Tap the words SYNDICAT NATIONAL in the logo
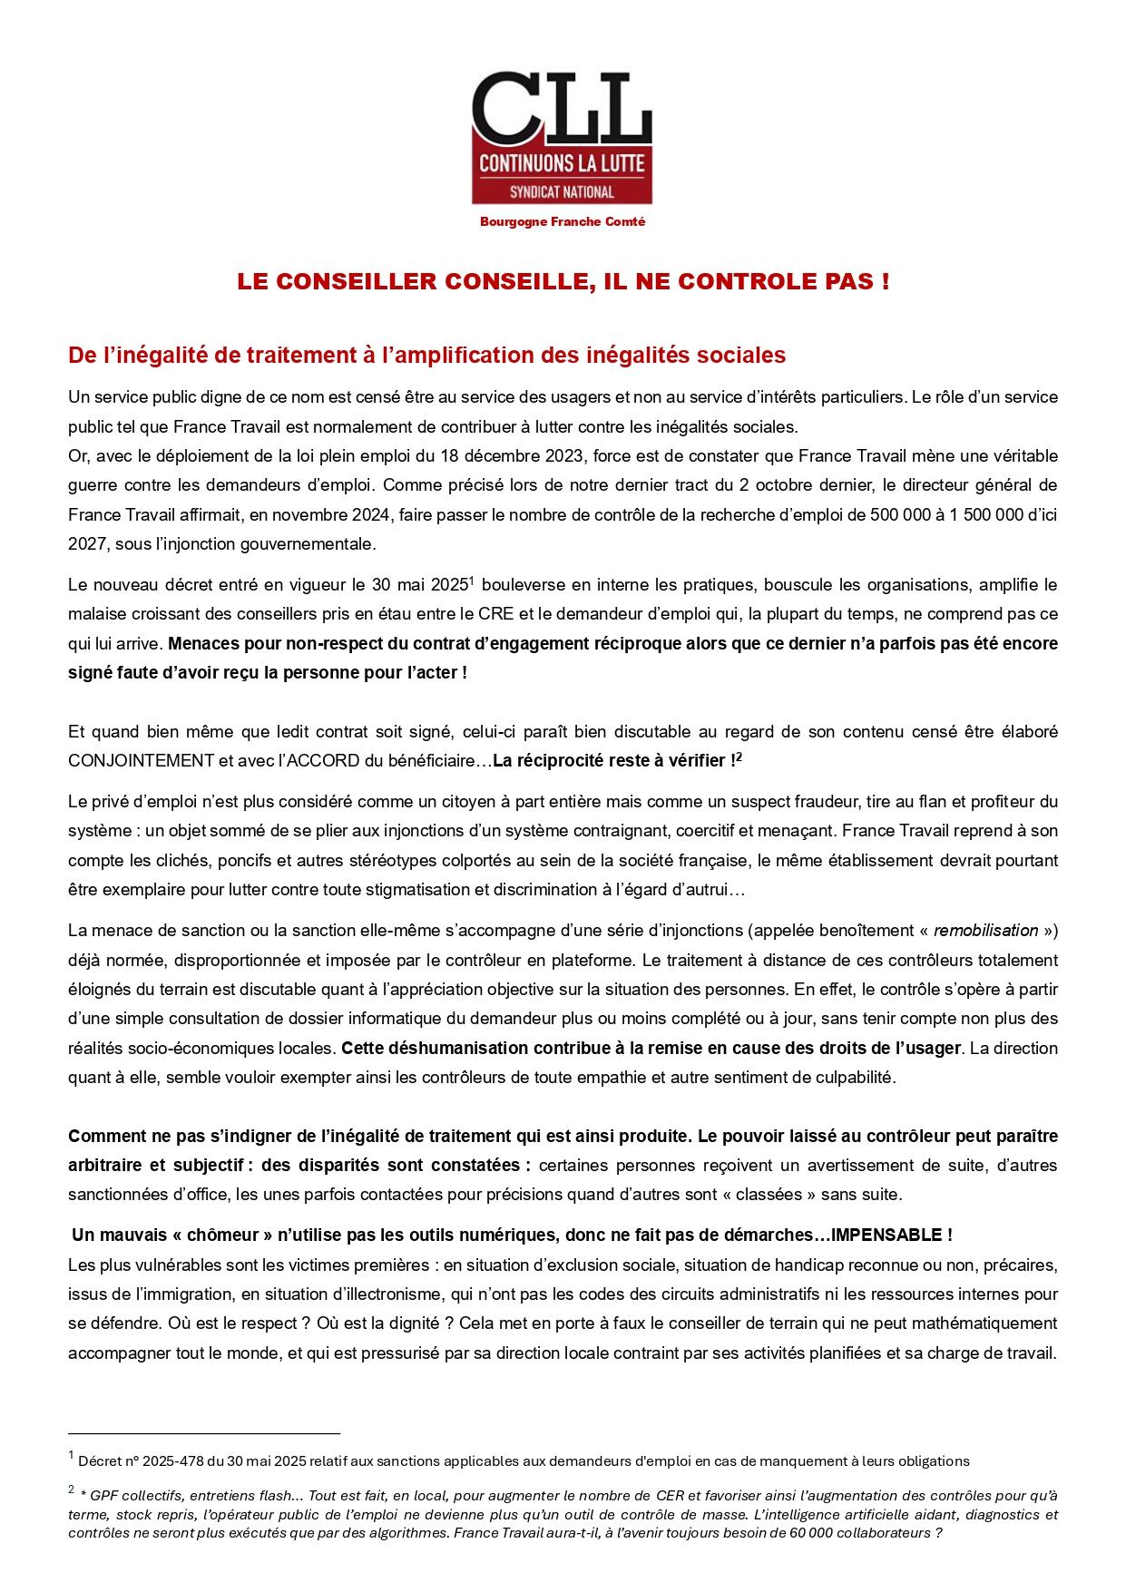(562, 191)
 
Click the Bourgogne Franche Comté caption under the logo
(563, 222)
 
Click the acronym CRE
(497, 614)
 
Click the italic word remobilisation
(985, 930)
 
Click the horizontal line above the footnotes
(204, 1433)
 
